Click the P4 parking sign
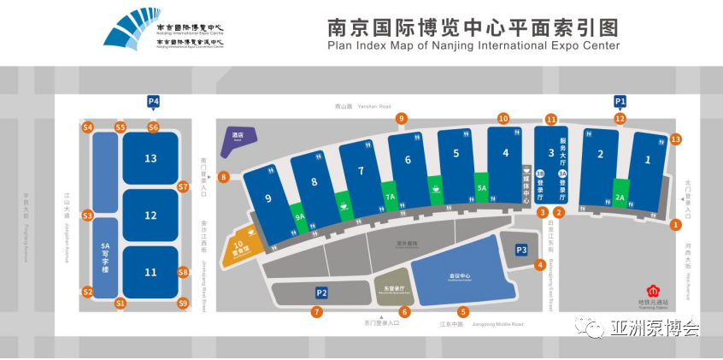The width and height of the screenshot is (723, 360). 154,101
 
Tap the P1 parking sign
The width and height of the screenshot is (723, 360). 620,101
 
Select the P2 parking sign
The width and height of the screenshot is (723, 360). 321,293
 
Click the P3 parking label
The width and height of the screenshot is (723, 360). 521,250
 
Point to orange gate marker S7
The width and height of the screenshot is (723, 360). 183,186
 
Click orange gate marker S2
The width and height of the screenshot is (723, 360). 87,292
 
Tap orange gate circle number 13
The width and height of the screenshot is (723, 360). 676,139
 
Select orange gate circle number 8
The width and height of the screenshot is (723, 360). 224,178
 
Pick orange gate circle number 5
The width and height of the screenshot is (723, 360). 463,311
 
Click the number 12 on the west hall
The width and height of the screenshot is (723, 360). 150,215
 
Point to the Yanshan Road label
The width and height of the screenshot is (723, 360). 355,108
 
